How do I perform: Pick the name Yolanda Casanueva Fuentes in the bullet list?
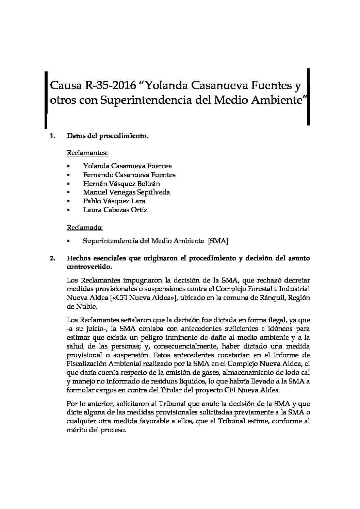pyautogui.click(x=127, y=166)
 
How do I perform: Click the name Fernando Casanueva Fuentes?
pyautogui.click(x=129, y=175)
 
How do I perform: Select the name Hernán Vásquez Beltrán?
pyautogui.click(x=121, y=184)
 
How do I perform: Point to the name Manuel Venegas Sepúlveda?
pyautogui.click(x=127, y=192)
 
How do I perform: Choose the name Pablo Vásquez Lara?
pyautogui.click(x=114, y=201)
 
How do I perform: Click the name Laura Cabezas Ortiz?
pyautogui.click(x=115, y=210)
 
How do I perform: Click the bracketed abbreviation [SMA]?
pyautogui.click(x=218, y=241)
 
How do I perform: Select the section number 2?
pyautogui.click(x=52, y=258)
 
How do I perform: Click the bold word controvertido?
pyautogui.click(x=89, y=267)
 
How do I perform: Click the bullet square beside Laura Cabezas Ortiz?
pyautogui.click(x=68, y=210)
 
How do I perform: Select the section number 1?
pyautogui.click(x=52, y=136)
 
